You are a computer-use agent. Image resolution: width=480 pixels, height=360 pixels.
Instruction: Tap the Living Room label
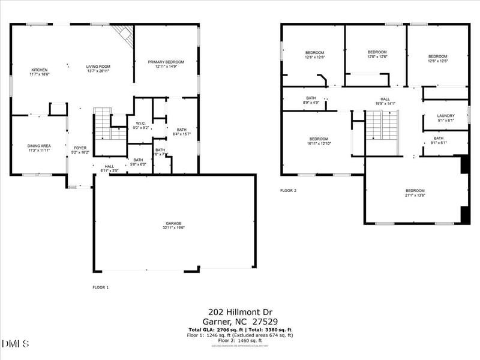[x=98, y=68]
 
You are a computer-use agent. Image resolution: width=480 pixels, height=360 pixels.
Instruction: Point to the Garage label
[x=174, y=225]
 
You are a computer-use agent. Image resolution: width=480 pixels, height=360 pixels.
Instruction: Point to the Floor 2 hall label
[x=385, y=101]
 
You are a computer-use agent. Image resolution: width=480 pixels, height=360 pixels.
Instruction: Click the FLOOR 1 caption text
[x=100, y=287]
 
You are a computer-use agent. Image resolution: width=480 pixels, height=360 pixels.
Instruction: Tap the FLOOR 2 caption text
[x=288, y=191]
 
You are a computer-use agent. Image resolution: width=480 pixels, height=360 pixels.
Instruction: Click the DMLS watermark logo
[x=16, y=344]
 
